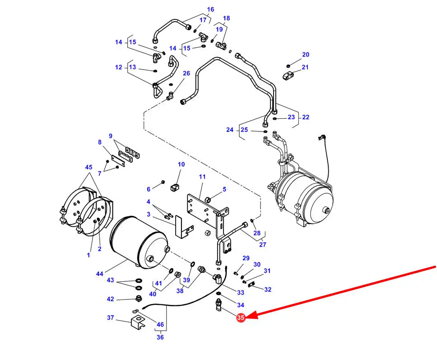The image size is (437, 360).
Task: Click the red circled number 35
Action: pos(241,318)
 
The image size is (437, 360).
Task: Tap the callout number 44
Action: pos(100,274)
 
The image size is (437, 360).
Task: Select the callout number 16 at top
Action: pos(211,9)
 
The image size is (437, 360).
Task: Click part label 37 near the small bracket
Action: pos(111,318)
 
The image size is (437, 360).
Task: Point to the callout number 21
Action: pos(305,67)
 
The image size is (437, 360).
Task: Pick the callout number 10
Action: pos(181,164)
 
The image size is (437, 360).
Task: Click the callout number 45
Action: pos(88,168)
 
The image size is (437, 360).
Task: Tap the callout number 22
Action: pos(306,117)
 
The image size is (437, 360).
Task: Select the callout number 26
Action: pos(186,73)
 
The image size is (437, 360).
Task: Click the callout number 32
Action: pos(268,290)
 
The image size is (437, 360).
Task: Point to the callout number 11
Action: pos(202,177)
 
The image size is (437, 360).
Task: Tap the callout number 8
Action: pos(100,142)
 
